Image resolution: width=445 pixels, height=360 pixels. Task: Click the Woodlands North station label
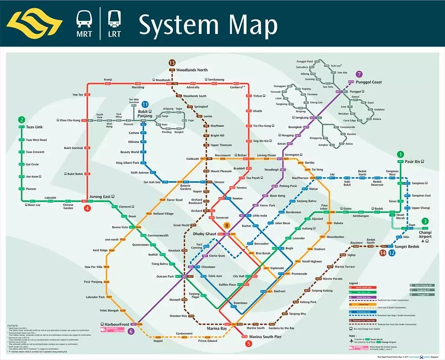[192, 70]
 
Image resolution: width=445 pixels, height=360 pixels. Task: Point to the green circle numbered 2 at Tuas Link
[21, 119]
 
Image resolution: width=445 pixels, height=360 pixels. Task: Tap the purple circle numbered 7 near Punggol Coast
[360, 74]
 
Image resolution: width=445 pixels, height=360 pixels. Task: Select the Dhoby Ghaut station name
[205, 234]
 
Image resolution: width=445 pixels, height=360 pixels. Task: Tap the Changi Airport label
[425, 234]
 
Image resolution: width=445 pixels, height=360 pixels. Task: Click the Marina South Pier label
[266, 336]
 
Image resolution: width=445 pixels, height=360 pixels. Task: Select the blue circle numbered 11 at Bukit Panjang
[145, 104]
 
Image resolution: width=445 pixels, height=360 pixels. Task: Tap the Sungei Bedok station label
[407, 246]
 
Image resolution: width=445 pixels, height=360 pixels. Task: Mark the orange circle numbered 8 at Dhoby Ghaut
[227, 226]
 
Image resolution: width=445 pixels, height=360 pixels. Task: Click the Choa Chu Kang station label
[69, 120]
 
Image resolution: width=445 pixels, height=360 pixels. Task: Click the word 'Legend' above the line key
[354, 283]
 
